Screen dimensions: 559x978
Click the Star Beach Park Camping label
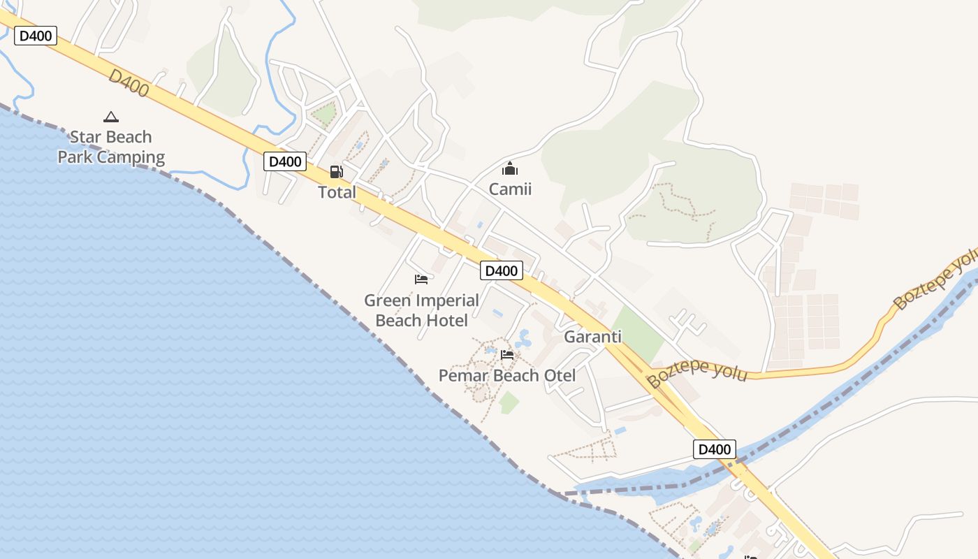[111, 147]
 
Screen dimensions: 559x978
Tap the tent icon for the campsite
[110, 117]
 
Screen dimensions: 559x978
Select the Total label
[337, 192]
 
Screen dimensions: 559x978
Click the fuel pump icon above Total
[336, 171]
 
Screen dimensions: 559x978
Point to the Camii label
[510, 189]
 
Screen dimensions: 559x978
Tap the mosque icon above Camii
[510, 168]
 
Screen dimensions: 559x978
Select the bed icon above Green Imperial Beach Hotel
[421, 279]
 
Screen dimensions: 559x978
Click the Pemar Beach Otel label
[507, 375]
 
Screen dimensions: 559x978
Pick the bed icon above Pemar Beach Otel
[507, 354]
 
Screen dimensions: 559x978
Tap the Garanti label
[592, 337]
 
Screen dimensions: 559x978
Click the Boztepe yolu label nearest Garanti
[696, 372]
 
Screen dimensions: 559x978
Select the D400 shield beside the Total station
[285, 161]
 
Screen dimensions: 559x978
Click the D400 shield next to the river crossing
[714, 449]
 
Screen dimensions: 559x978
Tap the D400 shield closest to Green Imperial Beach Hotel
[502, 270]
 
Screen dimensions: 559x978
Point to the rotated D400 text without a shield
[129, 82]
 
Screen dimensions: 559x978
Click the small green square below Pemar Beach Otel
[509, 402]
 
